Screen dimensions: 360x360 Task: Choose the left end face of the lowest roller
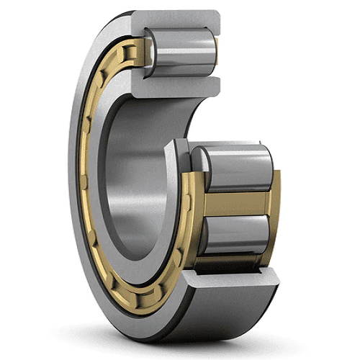pos(199,238)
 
